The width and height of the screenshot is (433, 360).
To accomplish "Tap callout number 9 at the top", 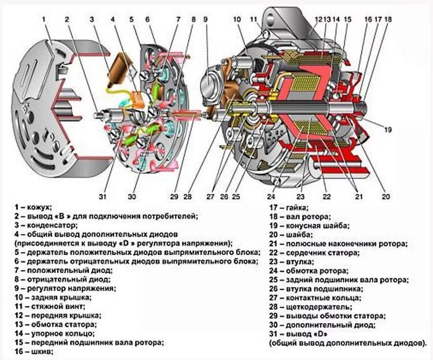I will pos(205,19).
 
